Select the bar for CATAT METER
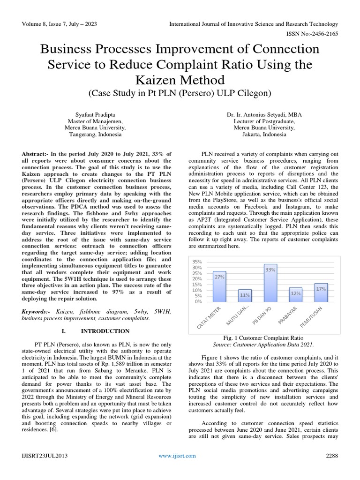[x=219, y=286]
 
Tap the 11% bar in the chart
[x=245, y=296]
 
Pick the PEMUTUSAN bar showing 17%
[x=321, y=292]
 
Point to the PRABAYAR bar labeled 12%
[x=295, y=295]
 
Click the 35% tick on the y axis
[x=197, y=262]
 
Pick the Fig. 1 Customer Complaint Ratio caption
[x=263, y=337]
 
